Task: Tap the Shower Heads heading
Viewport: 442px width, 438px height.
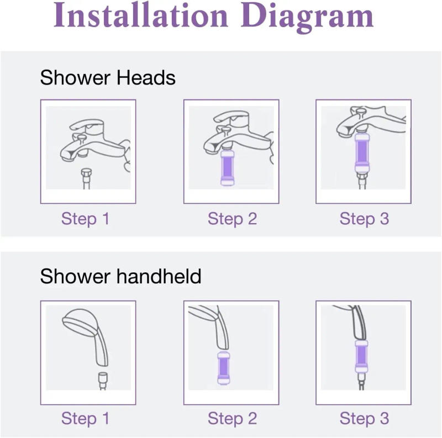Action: pos(107,77)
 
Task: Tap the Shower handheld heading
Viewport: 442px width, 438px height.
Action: pos(120,276)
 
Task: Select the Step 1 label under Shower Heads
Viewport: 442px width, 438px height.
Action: pos(86,219)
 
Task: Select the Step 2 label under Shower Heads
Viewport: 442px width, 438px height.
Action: pos(232,219)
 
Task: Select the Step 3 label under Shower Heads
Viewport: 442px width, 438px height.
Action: pos(364,219)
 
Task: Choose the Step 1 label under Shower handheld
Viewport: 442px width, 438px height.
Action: pos(86,418)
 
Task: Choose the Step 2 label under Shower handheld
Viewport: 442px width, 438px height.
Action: pos(232,418)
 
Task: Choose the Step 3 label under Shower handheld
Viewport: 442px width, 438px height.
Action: pos(364,418)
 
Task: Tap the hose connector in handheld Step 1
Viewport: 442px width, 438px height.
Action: pos(103,377)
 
